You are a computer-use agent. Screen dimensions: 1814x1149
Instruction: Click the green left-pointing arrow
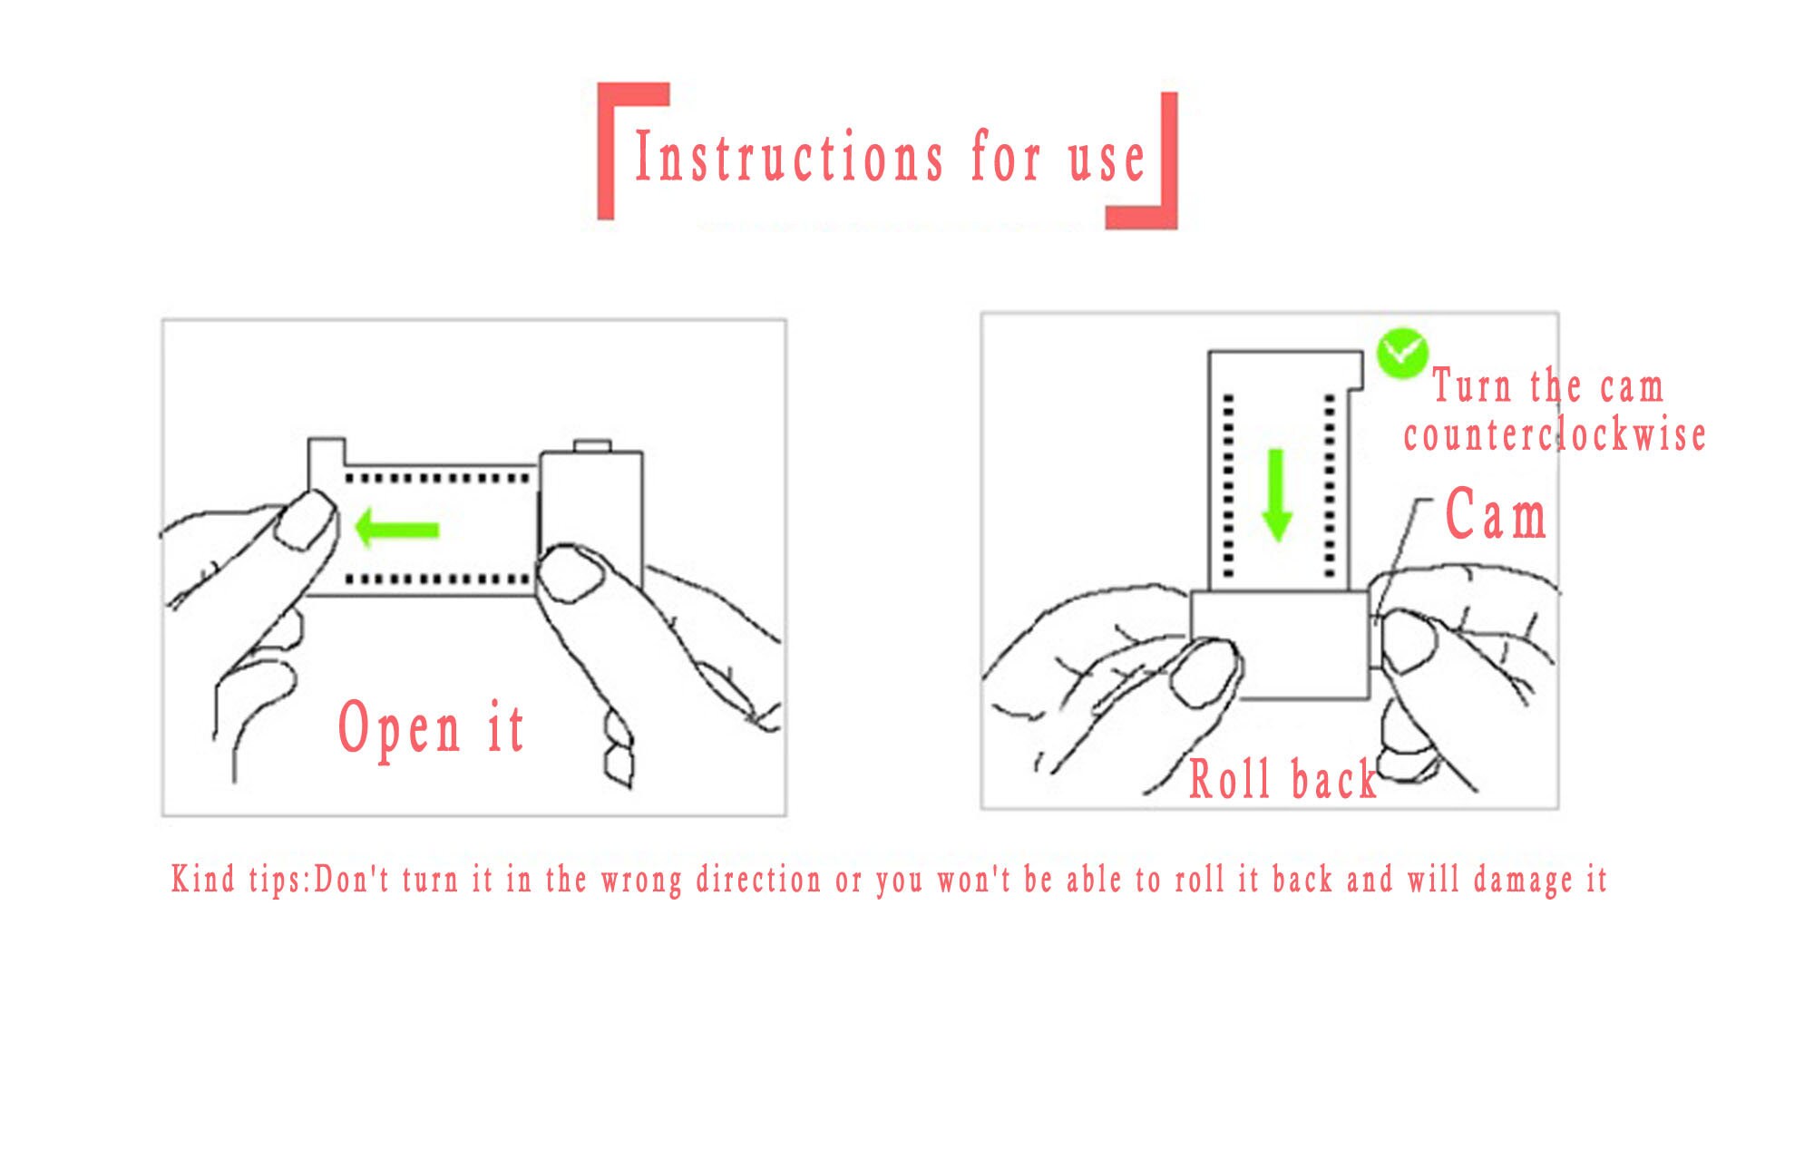[x=396, y=528]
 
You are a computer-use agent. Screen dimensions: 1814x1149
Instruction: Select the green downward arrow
[x=1277, y=495]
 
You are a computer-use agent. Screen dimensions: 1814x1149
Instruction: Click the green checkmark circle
[x=1402, y=353]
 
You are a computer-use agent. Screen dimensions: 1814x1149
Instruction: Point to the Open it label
[x=431, y=728]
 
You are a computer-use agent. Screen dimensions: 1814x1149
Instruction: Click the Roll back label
[x=1282, y=779]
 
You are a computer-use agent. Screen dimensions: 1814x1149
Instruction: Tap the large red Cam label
[x=1496, y=514]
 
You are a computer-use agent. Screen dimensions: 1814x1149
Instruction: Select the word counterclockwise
[x=1555, y=434]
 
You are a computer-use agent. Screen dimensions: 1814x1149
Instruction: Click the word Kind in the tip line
[x=203, y=879]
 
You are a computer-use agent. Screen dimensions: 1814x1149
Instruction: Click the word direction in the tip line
[x=758, y=880]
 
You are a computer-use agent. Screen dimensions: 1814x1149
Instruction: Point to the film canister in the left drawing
[x=591, y=521]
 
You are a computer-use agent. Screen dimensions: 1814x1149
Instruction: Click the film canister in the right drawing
[x=1279, y=645]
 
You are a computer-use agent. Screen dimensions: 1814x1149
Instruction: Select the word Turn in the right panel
[x=1473, y=385]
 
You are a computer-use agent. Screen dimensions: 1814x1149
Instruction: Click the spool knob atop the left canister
[x=592, y=445]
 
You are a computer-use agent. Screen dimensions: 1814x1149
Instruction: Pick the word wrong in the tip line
[x=641, y=881]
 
